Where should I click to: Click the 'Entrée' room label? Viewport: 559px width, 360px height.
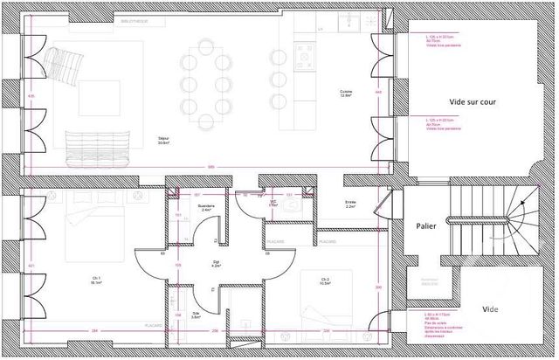click(350, 204)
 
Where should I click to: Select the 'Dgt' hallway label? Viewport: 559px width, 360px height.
click(216, 263)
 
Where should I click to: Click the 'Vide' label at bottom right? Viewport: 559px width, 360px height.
click(490, 310)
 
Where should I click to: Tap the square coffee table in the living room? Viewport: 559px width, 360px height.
click(100, 100)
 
